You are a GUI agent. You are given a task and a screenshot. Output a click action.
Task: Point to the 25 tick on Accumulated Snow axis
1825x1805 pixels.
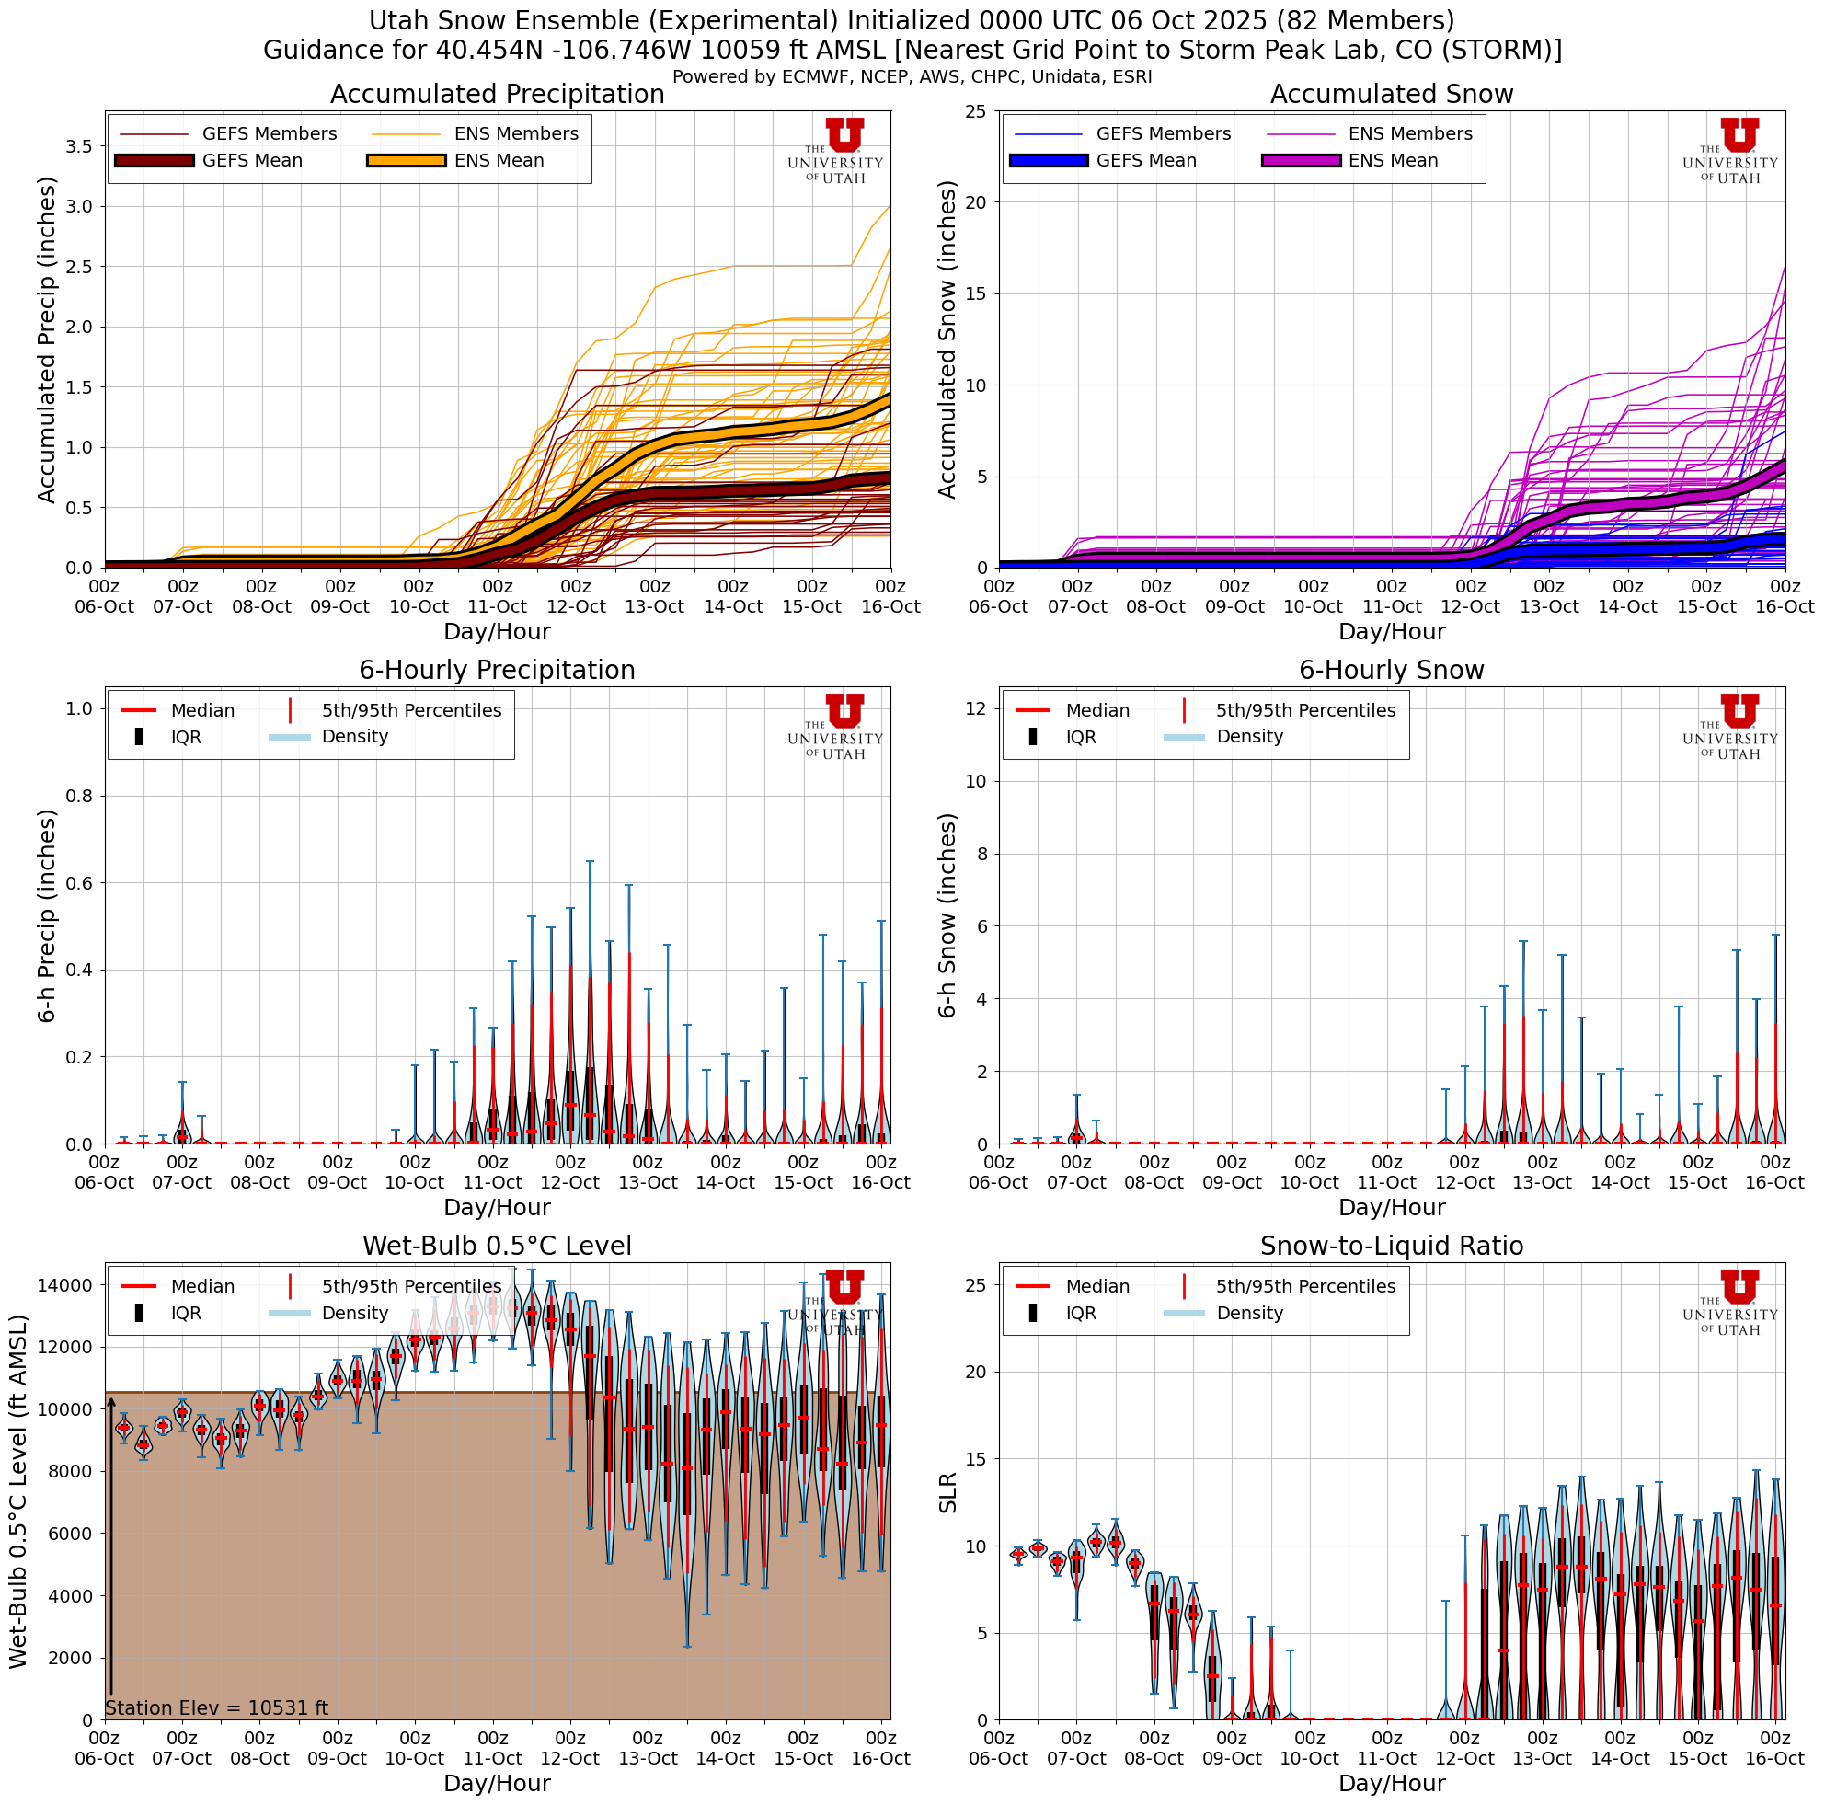[x=975, y=111]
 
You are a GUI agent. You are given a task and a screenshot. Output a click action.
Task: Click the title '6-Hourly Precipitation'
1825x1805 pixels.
[x=497, y=670]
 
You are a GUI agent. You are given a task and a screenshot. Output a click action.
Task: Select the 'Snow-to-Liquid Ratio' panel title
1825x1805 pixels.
[x=1392, y=1246]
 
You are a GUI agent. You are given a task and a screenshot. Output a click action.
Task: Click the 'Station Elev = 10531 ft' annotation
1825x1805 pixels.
[x=216, y=1707]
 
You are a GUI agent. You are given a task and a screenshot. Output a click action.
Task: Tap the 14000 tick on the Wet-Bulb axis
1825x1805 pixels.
[x=63, y=1284]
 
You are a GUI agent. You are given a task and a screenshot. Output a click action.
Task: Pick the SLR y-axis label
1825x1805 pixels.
[x=948, y=1492]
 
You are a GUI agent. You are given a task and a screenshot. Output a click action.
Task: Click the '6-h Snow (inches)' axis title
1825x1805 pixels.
[x=948, y=915]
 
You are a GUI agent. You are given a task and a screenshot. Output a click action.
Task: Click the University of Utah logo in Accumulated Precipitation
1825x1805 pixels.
[x=835, y=151]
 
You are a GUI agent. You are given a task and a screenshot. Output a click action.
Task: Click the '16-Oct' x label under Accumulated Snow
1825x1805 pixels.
[x=1785, y=606]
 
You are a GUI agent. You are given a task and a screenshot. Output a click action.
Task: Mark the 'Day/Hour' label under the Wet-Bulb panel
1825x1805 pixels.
[x=497, y=1783]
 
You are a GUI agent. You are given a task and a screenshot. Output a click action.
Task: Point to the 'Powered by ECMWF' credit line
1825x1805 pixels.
[x=912, y=77]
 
